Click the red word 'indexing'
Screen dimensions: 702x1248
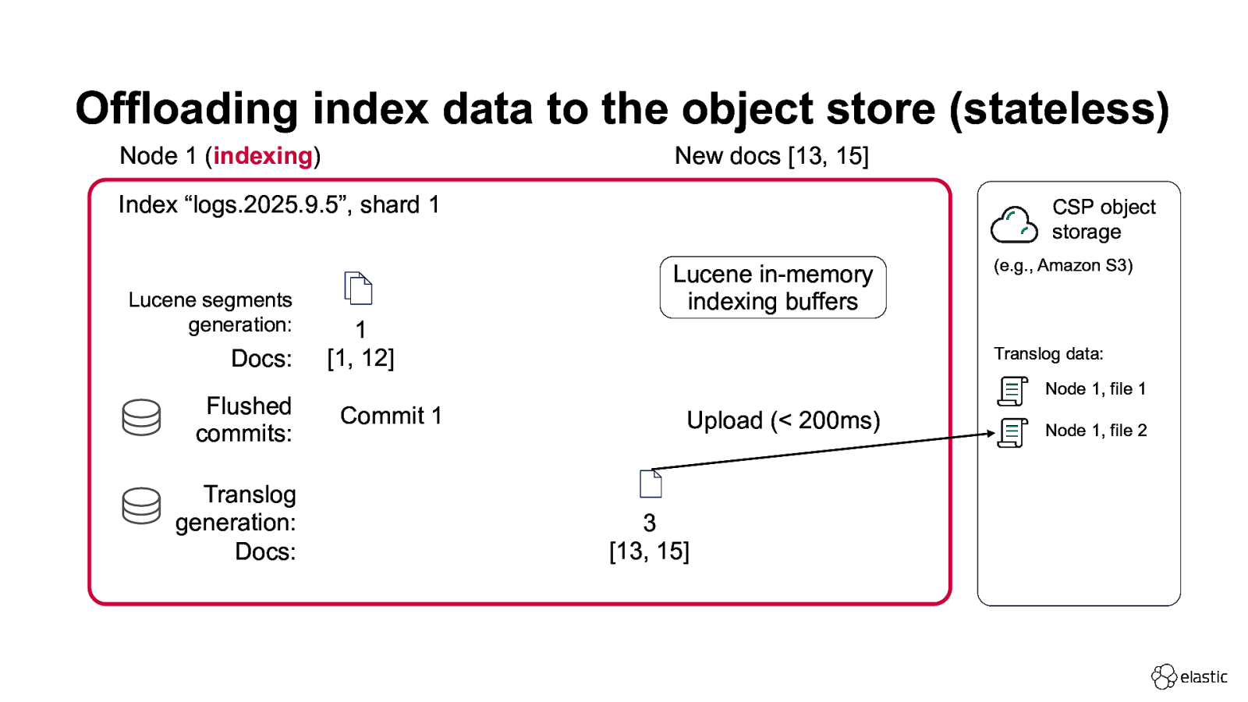(x=263, y=156)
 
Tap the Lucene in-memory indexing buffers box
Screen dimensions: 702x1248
(x=772, y=288)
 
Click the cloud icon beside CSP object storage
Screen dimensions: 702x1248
(x=1013, y=225)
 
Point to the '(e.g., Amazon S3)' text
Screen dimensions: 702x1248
(x=1062, y=265)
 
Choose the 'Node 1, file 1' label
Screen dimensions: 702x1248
(x=1095, y=388)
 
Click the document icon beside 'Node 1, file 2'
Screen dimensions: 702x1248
(x=1012, y=433)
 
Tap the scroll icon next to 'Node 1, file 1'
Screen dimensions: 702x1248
(x=1012, y=391)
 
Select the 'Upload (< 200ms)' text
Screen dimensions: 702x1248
(x=783, y=420)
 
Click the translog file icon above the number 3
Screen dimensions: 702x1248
(x=651, y=484)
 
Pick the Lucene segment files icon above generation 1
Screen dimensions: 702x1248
(x=358, y=289)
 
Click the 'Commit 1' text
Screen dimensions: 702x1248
(x=391, y=416)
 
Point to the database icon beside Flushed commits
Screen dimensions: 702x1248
(x=141, y=417)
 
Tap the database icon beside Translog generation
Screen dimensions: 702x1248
(x=141, y=505)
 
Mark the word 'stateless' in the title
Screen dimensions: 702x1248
(x=1059, y=108)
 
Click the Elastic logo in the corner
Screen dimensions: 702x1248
(x=1189, y=676)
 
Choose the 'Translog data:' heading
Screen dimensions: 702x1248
(x=1048, y=354)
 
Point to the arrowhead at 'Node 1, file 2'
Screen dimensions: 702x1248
(x=991, y=434)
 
